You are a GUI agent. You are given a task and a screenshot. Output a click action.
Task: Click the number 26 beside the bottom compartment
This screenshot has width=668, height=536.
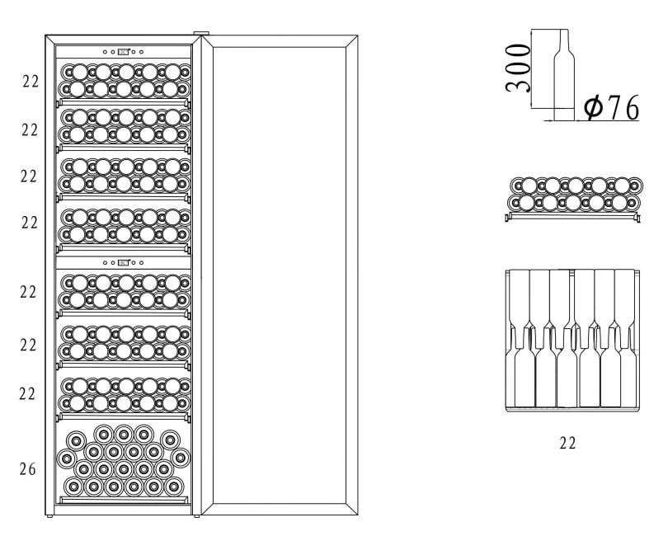coord(28,469)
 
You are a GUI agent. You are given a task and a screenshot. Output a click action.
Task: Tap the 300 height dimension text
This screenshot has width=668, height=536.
coord(518,68)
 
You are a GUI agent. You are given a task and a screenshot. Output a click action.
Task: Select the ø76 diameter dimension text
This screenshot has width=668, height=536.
coord(611,107)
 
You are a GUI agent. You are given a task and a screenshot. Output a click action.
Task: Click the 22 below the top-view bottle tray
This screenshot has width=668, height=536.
coord(567,443)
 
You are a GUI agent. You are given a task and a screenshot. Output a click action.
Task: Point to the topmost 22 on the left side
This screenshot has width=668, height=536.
coord(31,81)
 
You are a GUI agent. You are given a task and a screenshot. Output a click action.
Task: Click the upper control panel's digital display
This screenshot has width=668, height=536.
coord(123,52)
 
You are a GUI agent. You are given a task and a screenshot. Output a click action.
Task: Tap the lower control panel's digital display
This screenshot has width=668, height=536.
coord(123,262)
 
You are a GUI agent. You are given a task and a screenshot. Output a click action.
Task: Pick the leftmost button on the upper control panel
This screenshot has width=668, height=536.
coord(106,52)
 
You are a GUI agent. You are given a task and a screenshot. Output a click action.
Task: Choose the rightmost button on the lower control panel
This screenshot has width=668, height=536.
coord(142,262)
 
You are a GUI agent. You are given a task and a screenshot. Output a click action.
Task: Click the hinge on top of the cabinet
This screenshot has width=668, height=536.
coord(201,33)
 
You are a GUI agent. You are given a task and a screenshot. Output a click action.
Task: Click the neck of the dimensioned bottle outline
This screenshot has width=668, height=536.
coord(563,42)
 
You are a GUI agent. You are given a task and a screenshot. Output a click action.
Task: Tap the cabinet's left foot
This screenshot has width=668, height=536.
coord(49,516)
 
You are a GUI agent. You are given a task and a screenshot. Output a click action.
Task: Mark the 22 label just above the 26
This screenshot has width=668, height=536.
coord(28,393)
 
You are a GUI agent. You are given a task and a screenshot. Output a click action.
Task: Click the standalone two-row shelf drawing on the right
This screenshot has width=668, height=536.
coord(572,200)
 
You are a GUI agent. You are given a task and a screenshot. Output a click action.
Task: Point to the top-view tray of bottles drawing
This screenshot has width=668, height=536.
coord(572,341)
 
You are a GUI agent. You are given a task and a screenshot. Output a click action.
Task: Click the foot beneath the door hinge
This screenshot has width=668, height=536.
coord(196,516)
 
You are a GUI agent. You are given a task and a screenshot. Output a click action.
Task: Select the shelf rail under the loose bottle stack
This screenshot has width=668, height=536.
coord(124,500)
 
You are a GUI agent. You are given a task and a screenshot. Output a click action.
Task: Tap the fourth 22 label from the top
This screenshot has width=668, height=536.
coord(30,223)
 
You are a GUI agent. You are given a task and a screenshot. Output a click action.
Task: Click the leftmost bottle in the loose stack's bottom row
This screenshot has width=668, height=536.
coord(73,487)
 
